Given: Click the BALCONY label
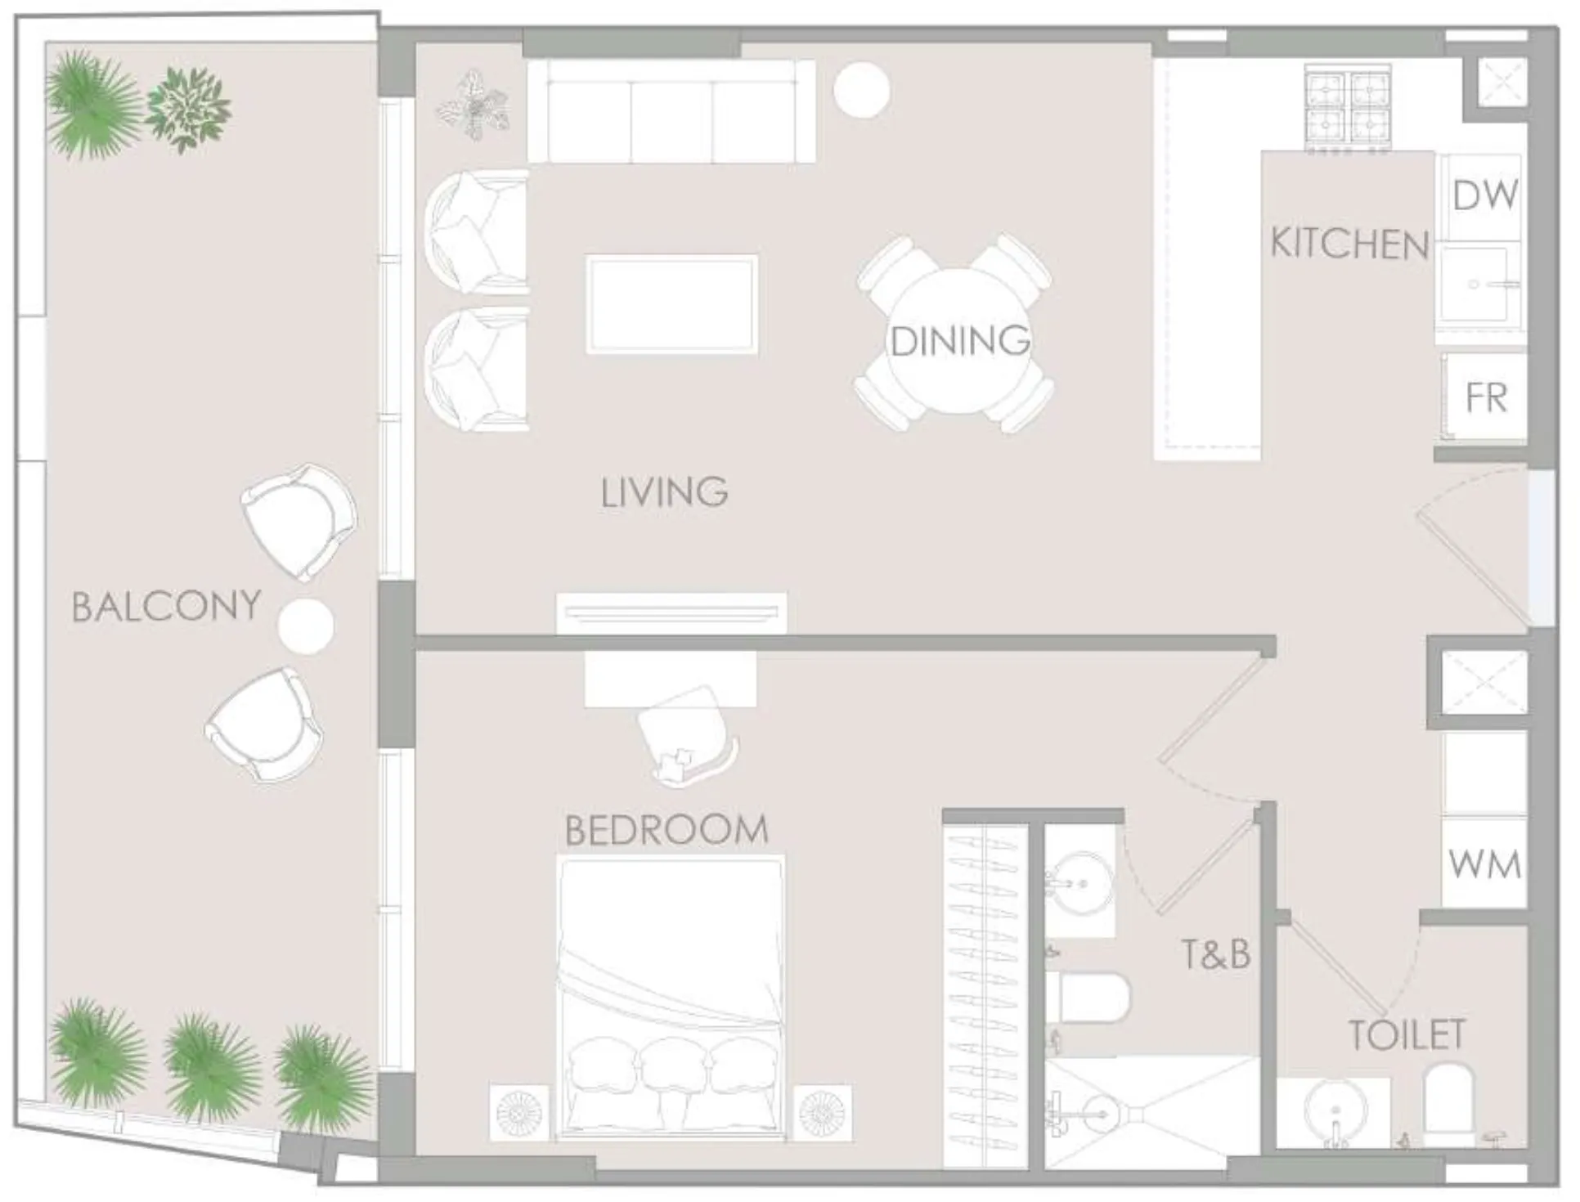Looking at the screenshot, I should coord(166,607).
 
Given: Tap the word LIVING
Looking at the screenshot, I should coord(664,492).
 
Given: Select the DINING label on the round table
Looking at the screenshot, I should coord(959,341).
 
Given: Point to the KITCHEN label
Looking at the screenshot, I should coord(1349,244).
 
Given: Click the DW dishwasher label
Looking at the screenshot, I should coord(1484,195).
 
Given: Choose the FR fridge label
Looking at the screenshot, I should coord(1486,398).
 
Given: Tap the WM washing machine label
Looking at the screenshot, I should coord(1484,864).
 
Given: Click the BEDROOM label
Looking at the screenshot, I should coord(667,830).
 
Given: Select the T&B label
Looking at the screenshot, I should coord(1215,954).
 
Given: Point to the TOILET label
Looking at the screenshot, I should coord(1407,1035).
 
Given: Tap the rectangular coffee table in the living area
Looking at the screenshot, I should coord(671,305).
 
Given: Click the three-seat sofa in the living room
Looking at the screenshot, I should coord(671,112).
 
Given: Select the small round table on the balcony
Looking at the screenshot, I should coord(306,626).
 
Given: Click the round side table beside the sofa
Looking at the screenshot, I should coord(861,91).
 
